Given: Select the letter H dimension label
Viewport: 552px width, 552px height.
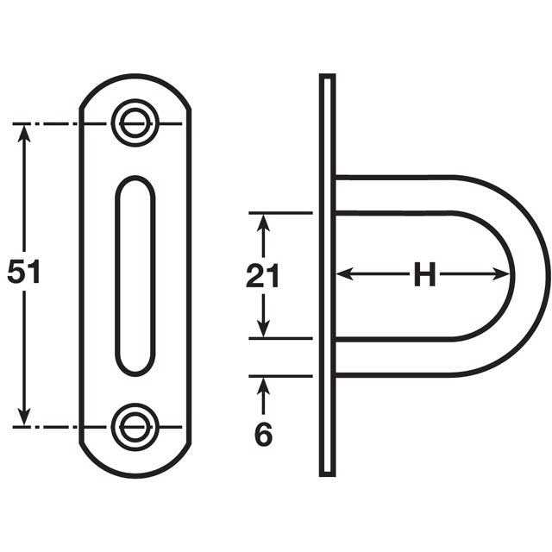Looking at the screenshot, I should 423,275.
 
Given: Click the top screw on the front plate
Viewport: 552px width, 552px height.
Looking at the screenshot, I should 135,122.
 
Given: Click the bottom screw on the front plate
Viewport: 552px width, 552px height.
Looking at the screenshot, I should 135,426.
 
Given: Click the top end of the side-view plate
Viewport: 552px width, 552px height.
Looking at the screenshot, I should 327,79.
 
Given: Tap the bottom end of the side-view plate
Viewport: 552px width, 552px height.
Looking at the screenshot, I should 327,471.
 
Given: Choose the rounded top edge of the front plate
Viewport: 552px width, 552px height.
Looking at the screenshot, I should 135,78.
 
